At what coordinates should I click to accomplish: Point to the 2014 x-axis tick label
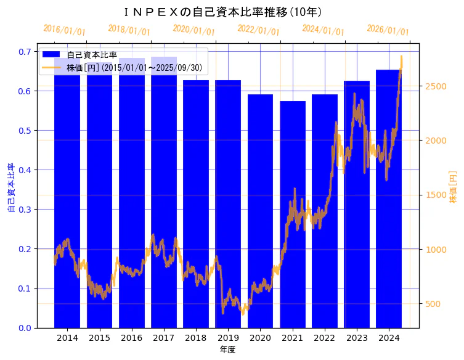pyautogui.click(x=67, y=338)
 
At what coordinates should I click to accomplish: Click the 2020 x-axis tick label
pyautogui.click(x=260, y=338)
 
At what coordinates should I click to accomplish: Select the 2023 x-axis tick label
pyautogui.click(x=357, y=338)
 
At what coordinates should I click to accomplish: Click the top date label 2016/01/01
pyautogui.click(x=65, y=30)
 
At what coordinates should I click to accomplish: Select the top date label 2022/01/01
pyautogui.click(x=259, y=30)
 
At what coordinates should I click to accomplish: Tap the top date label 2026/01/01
pyautogui.click(x=388, y=30)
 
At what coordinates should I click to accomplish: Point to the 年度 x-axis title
pyautogui.click(x=227, y=350)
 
